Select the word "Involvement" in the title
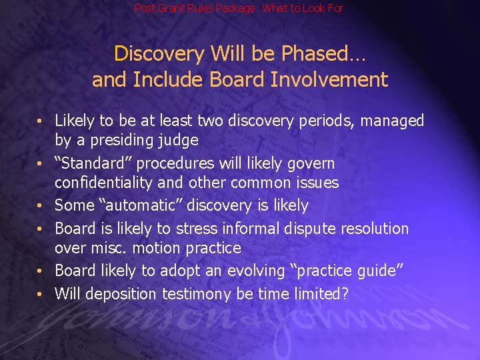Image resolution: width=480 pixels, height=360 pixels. click(x=329, y=80)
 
